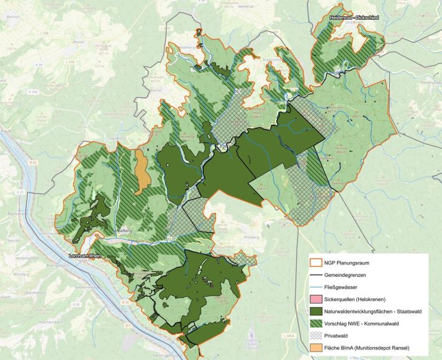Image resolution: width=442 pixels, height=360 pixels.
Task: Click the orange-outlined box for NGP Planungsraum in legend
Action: [317, 262]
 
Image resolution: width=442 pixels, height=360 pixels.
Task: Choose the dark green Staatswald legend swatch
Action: [317, 310]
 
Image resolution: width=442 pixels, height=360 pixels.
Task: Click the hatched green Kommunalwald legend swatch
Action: [317, 323]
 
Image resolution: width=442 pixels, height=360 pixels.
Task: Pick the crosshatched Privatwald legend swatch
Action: [317, 335]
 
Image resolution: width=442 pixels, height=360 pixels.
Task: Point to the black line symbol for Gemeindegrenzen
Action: [317, 274]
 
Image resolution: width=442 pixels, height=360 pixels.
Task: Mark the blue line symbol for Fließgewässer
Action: [317, 286]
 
